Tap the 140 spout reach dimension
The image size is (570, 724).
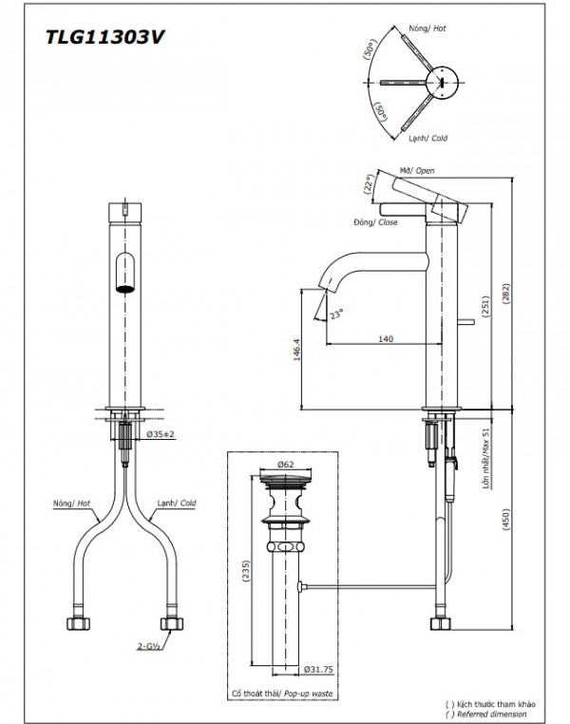(x=385, y=337)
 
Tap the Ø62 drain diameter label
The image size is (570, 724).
(x=285, y=465)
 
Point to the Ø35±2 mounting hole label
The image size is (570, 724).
(x=161, y=434)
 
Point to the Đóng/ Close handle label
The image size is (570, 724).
(x=374, y=221)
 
